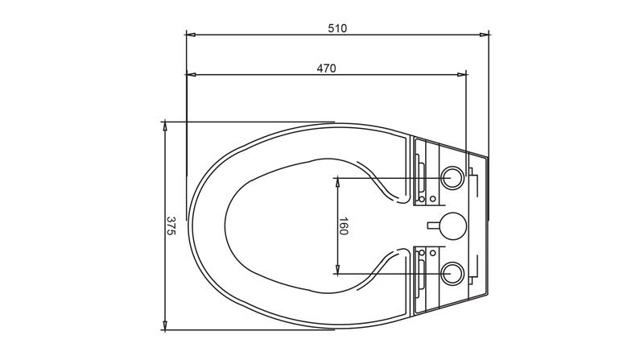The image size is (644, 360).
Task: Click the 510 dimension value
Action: point(337,28)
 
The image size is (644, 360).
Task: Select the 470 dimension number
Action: point(326,68)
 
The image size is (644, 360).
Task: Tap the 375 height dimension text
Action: point(171,226)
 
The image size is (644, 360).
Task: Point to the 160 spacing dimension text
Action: point(344,226)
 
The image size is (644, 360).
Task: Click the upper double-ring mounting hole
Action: point(452,178)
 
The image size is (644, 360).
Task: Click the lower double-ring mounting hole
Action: point(452,273)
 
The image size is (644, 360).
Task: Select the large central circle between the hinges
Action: point(453,226)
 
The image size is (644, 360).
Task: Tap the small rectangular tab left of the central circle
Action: point(434,226)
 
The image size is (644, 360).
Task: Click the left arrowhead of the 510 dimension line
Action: point(191,35)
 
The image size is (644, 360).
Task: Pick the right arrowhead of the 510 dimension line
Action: point(485,35)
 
